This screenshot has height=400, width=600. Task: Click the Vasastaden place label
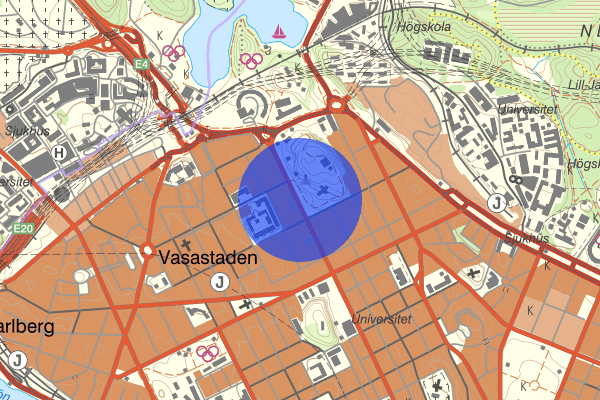[208, 257]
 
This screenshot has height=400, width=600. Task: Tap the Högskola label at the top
[413, 27]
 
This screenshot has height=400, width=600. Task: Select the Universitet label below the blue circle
[381, 321]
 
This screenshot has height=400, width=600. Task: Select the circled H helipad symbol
[61, 152]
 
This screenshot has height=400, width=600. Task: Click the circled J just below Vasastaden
[218, 283]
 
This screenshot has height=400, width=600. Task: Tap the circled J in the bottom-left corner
[17, 360]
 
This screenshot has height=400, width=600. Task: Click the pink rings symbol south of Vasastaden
[208, 352]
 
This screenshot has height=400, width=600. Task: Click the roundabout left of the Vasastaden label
[147, 250]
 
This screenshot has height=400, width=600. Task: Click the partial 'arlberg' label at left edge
[24, 327]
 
